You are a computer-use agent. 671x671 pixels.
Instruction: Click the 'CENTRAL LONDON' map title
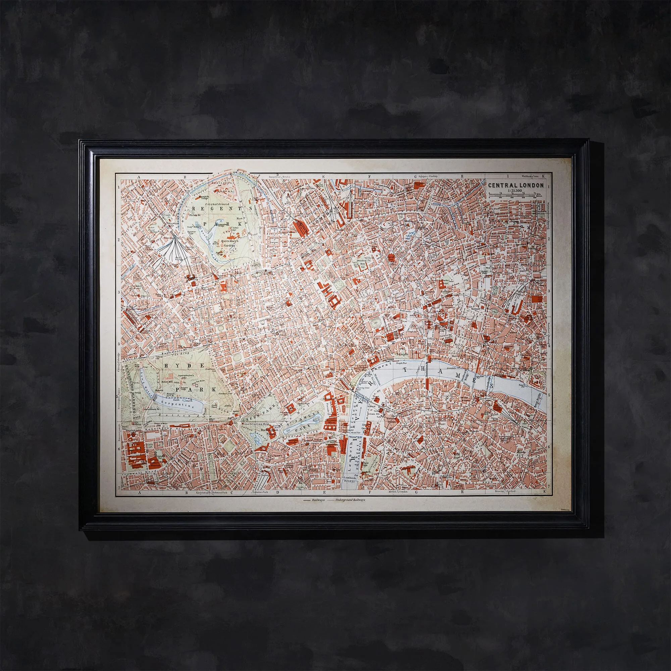coord(516,186)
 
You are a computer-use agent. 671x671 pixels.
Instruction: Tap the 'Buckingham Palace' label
coord(269,432)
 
